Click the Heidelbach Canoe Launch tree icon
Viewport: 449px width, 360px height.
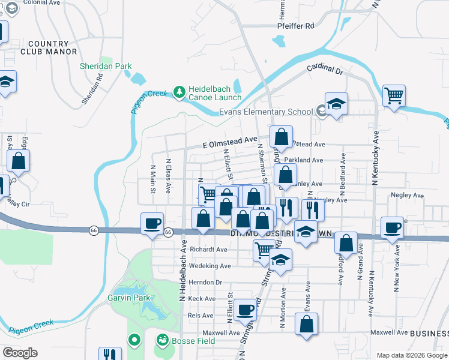(x=178, y=92)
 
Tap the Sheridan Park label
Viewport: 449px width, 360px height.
(x=106, y=66)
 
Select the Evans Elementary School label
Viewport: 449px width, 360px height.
(x=265, y=112)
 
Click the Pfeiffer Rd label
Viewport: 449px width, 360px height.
(x=296, y=26)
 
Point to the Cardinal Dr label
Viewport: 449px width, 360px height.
(x=324, y=70)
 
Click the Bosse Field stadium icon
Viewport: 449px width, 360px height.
(x=162, y=341)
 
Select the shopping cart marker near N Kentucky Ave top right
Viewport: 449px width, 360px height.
(x=394, y=95)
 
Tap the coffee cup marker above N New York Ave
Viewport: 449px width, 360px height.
(x=393, y=227)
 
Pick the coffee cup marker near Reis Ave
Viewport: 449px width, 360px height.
(x=245, y=310)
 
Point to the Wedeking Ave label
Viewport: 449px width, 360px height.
(x=209, y=266)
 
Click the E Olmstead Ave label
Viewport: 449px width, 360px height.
(x=230, y=141)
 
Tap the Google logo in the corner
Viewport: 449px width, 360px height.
(x=20, y=353)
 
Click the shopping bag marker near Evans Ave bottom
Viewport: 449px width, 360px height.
(x=307, y=324)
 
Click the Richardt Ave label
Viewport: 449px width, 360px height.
(x=208, y=249)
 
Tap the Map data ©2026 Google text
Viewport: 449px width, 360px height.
(x=411, y=355)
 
